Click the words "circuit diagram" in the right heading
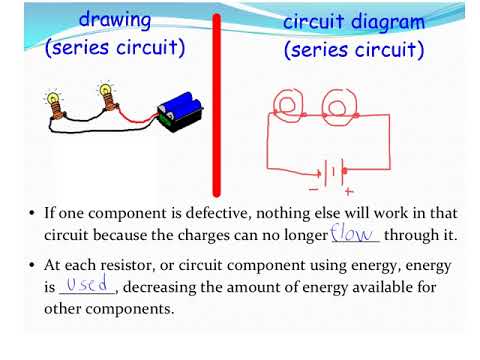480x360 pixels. point(353,22)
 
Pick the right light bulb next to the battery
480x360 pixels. point(104,96)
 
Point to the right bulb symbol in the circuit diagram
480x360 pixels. point(338,105)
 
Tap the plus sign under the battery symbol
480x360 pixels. point(348,189)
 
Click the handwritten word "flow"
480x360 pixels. point(354,234)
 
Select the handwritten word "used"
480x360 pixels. point(87,287)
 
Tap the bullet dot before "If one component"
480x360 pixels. point(32,214)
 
